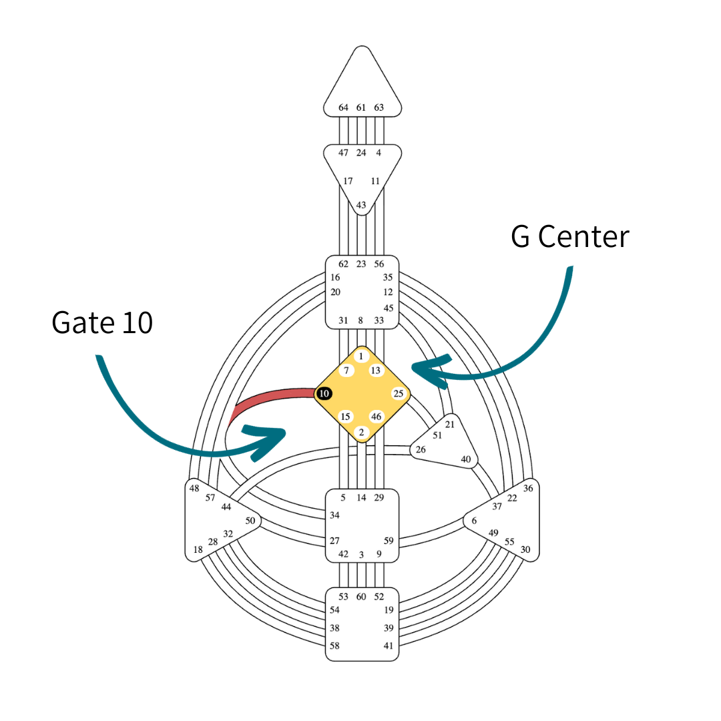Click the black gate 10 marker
(324, 394)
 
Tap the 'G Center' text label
(569, 237)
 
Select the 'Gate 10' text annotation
(102, 322)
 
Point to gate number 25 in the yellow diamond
(399, 393)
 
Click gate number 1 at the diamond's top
(361, 356)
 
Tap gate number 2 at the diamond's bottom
(361, 431)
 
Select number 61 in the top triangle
(361, 107)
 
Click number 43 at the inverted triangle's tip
(361, 205)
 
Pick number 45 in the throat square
(388, 308)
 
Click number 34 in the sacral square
(334, 515)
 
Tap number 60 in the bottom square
(361, 596)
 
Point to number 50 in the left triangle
(250, 520)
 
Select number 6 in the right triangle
(474, 521)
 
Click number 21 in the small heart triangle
(449, 425)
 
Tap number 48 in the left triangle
(194, 488)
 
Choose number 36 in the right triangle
(528, 488)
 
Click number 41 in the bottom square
(388, 646)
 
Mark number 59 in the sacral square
(388, 541)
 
